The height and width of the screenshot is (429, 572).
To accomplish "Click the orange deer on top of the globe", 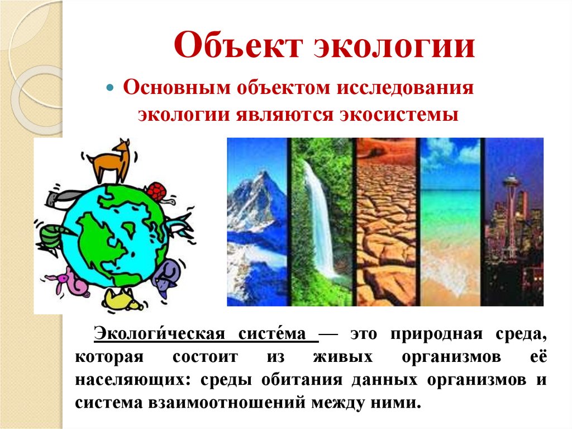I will click(x=112, y=159).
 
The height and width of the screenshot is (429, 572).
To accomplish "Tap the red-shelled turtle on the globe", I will click(x=157, y=192).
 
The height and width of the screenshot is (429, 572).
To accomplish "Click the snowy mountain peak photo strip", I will click(x=256, y=221).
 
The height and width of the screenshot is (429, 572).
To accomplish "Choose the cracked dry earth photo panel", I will click(x=387, y=221).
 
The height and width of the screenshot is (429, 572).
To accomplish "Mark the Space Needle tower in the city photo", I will click(x=511, y=207).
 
